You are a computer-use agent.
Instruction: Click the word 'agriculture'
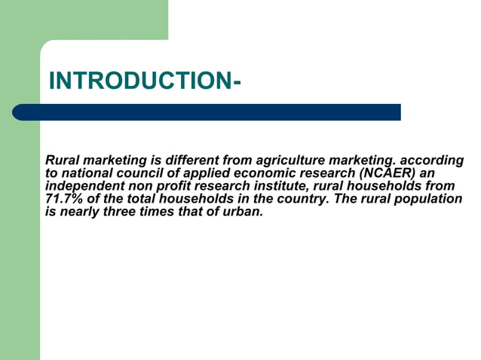coord(291,160)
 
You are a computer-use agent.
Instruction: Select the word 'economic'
coord(274,173)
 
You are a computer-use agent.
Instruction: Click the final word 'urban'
coord(244,212)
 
